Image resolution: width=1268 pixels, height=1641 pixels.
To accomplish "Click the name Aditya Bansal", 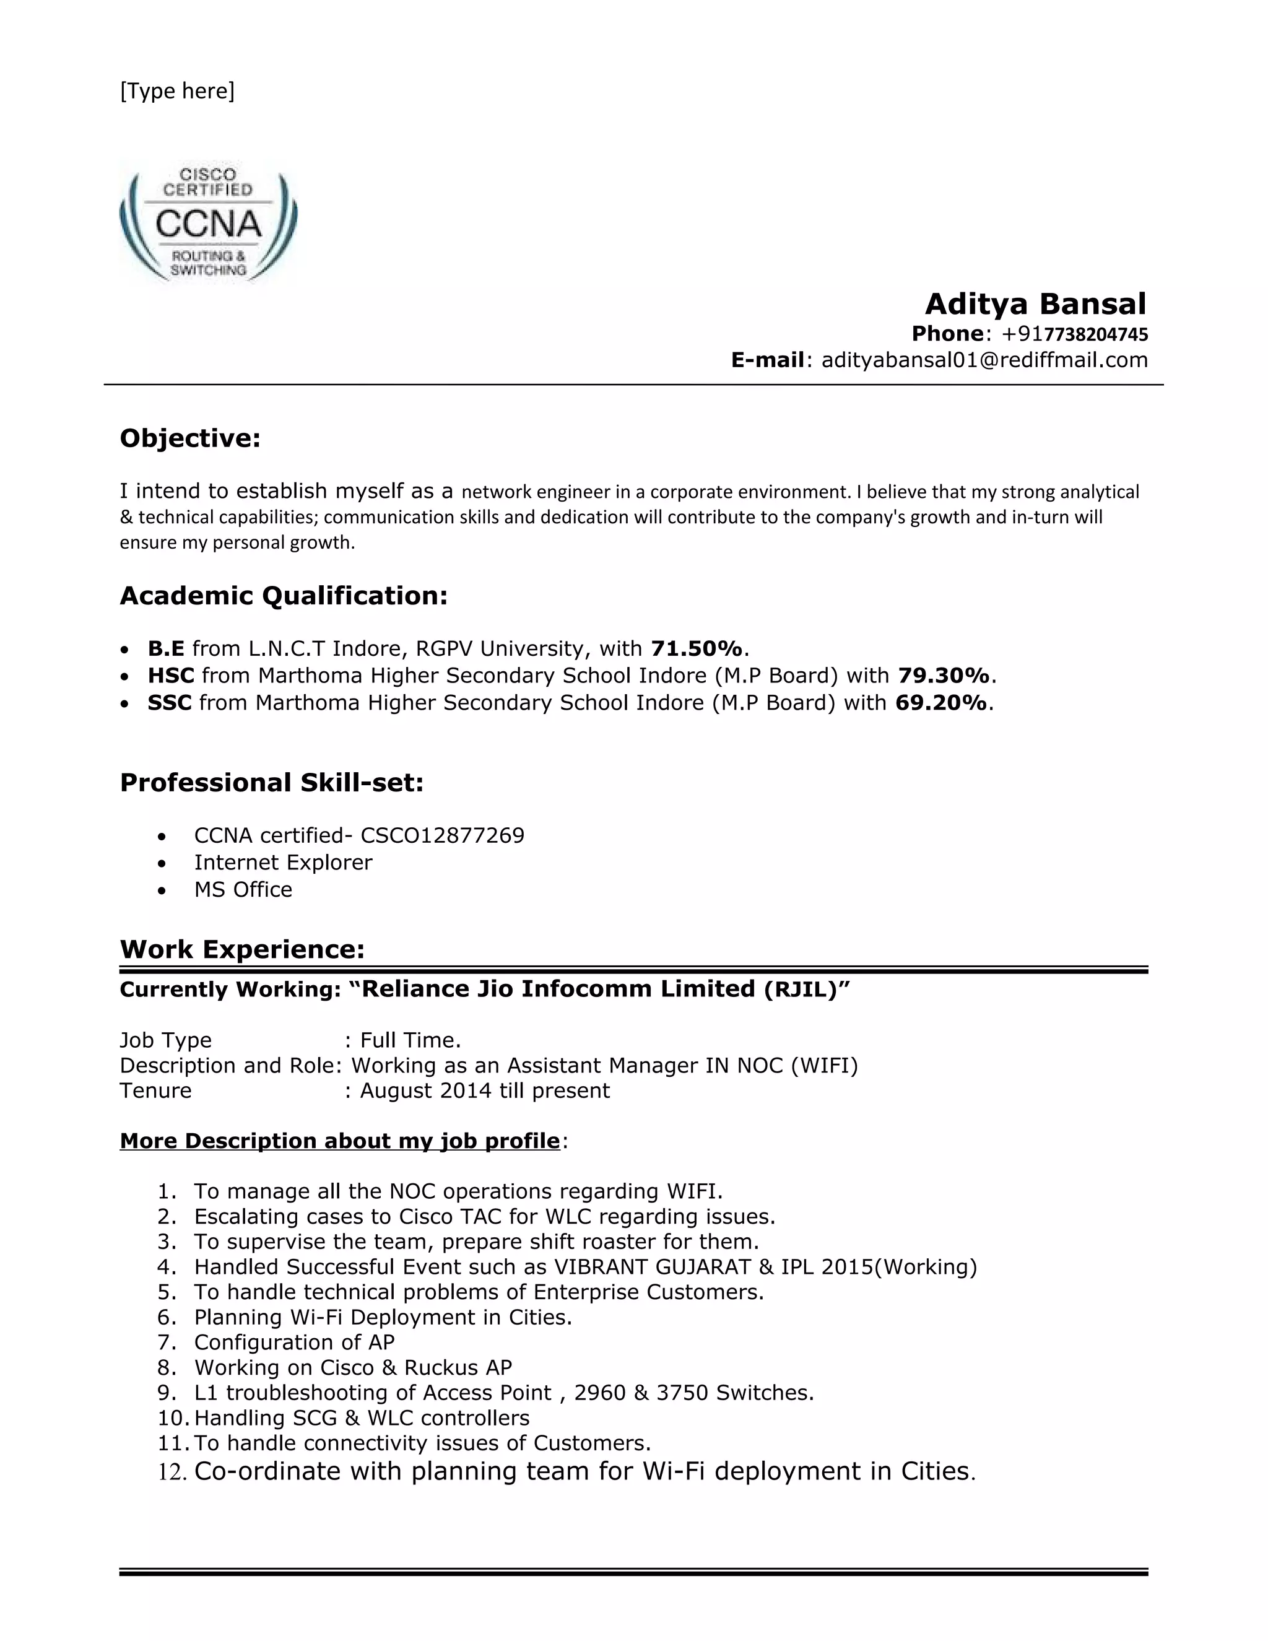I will [1035, 304].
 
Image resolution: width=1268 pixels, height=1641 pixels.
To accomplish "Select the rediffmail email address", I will [984, 360].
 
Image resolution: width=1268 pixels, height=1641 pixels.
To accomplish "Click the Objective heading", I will [190, 438].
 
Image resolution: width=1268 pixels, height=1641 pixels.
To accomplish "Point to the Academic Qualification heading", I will [283, 596].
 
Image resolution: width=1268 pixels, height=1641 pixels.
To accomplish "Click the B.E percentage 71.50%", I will [697, 648].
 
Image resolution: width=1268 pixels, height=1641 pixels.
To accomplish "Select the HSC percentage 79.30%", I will [944, 676].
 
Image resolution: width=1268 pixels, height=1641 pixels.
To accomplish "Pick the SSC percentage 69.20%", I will [940, 703].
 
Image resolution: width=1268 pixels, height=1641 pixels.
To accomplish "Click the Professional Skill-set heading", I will [272, 783].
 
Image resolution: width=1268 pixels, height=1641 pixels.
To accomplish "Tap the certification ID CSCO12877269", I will [443, 835].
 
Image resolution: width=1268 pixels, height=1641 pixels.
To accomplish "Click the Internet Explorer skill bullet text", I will [283, 863].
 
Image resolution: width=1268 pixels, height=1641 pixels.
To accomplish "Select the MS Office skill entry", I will [243, 890].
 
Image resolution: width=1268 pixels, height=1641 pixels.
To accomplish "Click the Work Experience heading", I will [242, 950].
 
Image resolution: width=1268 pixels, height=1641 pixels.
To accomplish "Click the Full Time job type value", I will [410, 1041].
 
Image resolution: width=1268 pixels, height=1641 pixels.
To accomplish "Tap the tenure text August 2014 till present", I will [485, 1091].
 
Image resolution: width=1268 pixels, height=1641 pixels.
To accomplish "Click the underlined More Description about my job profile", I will [339, 1141].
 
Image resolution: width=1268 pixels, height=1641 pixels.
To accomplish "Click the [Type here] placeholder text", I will [177, 91].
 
